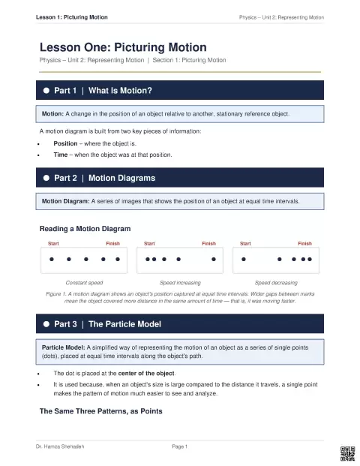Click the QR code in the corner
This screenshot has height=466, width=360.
pyautogui.click(x=347, y=453)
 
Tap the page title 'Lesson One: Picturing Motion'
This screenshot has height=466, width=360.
pyautogui.click(x=123, y=47)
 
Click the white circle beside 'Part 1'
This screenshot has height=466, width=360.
pyautogui.click(x=46, y=90)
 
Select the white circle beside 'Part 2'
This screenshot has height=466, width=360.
pyautogui.click(x=46, y=178)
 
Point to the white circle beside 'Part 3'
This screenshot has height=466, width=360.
pyautogui.click(x=46, y=324)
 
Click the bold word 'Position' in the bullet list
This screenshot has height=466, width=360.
pyautogui.click(x=65, y=143)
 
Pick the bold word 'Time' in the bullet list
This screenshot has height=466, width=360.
pyautogui.click(x=61, y=155)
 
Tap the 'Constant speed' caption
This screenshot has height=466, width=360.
pyautogui.click(x=84, y=283)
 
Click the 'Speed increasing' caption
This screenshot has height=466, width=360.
pyautogui.click(x=180, y=283)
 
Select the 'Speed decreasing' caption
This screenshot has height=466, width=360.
pyautogui.click(x=276, y=283)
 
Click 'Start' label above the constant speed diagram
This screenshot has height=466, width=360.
pyautogui.click(x=53, y=243)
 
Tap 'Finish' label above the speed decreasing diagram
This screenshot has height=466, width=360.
pyautogui.click(x=304, y=243)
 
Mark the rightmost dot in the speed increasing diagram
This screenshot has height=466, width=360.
pyautogui.click(x=214, y=259)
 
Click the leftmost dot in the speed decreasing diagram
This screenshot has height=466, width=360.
pyautogui.click(x=244, y=259)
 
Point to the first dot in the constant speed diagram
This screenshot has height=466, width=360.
pyautogui.click(x=52, y=259)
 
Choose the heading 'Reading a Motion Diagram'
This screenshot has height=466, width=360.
pyautogui.click(x=85, y=229)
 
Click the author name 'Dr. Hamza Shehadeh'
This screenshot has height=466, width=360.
pyautogui.click(x=60, y=446)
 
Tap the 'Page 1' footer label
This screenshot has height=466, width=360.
pyautogui.click(x=180, y=446)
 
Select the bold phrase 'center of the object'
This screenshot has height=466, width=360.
pyautogui.click(x=146, y=373)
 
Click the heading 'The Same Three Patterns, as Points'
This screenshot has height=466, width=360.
pyautogui.click(x=101, y=411)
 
